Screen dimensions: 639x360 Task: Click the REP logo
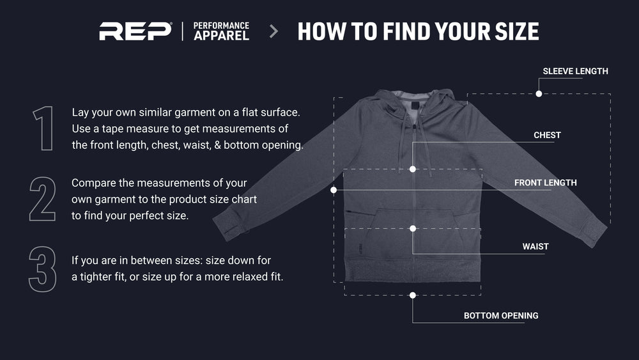coord(135,31)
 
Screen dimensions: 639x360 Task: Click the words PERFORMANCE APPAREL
coord(221,31)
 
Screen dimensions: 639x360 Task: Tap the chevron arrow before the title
coord(274,31)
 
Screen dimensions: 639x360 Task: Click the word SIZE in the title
coord(517,31)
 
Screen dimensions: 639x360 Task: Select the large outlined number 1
coord(43,129)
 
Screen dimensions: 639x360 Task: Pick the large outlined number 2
coord(42,199)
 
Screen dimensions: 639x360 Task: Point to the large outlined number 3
coord(42,269)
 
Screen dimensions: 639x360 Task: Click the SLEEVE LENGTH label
coord(575,72)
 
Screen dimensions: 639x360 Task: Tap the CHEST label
coord(547,136)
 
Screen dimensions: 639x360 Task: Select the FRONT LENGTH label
coord(545,183)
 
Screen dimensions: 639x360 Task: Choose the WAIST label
coord(535,247)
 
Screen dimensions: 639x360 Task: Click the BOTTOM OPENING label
coord(501,316)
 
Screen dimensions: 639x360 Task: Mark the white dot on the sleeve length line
coord(539,94)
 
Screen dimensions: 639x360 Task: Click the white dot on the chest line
coord(413,169)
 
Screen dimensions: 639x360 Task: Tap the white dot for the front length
coord(334,190)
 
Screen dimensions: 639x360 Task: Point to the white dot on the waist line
coord(413,229)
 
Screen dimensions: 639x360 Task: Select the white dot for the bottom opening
coord(413,295)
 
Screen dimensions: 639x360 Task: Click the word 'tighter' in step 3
coord(96,277)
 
